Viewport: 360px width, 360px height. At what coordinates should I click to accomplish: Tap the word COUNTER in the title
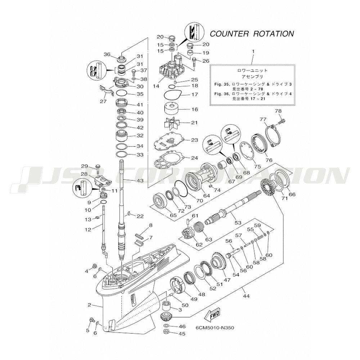click(x=229, y=34)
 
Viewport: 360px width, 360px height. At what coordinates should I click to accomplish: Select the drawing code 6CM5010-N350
click(x=215, y=328)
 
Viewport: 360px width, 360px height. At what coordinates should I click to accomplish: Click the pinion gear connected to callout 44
click(x=166, y=318)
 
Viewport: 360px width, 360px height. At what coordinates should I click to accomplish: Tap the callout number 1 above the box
click(x=253, y=51)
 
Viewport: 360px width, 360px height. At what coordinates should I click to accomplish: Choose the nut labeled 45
click(x=166, y=331)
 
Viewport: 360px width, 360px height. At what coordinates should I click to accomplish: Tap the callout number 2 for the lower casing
click(x=89, y=305)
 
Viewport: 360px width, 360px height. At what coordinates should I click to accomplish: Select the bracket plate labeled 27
click(x=107, y=90)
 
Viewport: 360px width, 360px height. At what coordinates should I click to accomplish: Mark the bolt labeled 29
click(x=97, y=169)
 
